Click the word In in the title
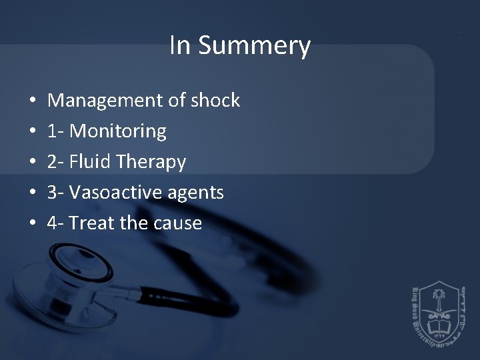pos(179,45)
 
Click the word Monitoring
pos(118,131)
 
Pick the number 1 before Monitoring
pos(52,131)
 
